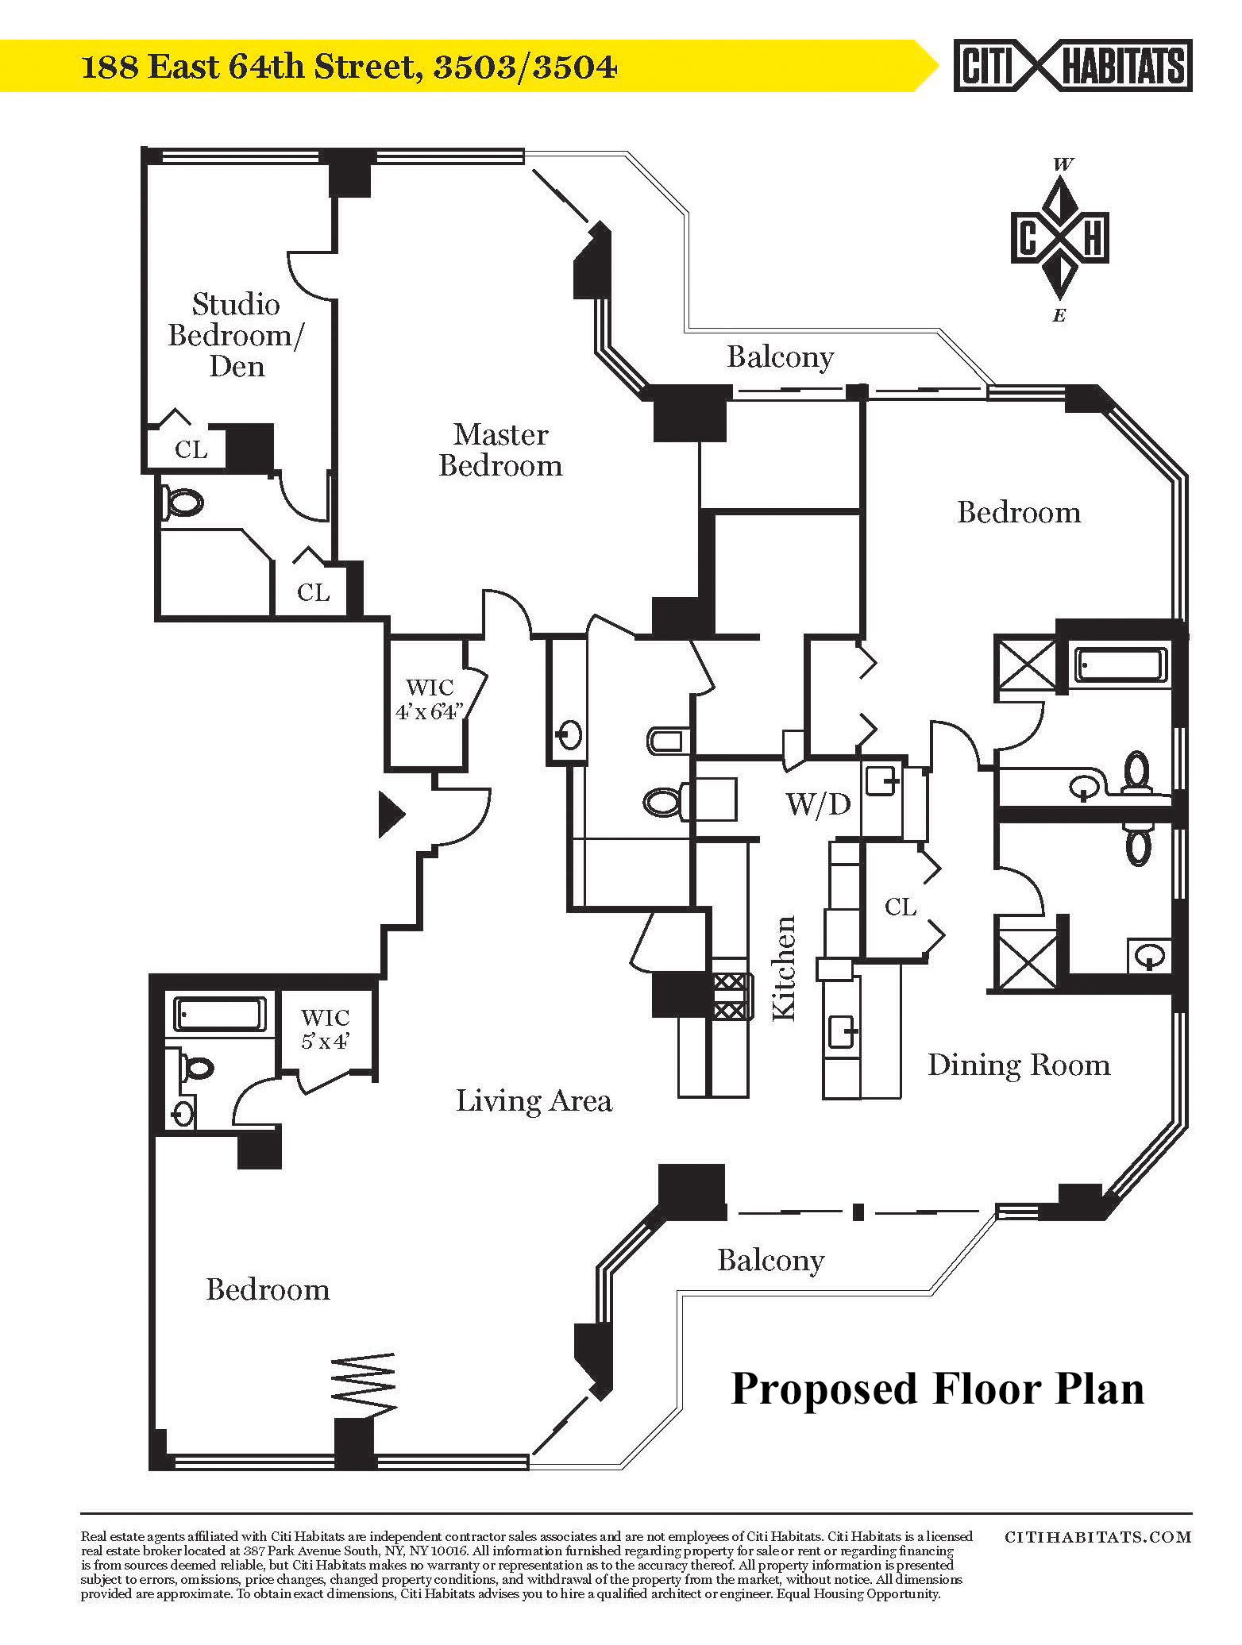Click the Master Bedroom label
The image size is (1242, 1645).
click(500, 449)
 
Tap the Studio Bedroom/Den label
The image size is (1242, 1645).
click(236, 335)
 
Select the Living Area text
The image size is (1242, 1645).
click(534, 1100)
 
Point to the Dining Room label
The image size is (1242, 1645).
click(1019, 1065)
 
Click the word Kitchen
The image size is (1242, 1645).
click(784, 968)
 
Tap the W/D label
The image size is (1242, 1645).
click(818, 804)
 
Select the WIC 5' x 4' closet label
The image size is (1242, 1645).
click(326, 1028)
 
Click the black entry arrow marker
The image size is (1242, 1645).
click(391, 814)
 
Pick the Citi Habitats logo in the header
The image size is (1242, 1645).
click(1073, 66)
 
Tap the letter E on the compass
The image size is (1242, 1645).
click(1059, 316)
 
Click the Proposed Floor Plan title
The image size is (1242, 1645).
click(937, 1389)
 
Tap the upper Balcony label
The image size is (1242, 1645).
click(780, 357)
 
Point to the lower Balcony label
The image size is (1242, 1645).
click(770, 1260)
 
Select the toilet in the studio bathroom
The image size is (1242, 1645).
click(184, 502)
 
